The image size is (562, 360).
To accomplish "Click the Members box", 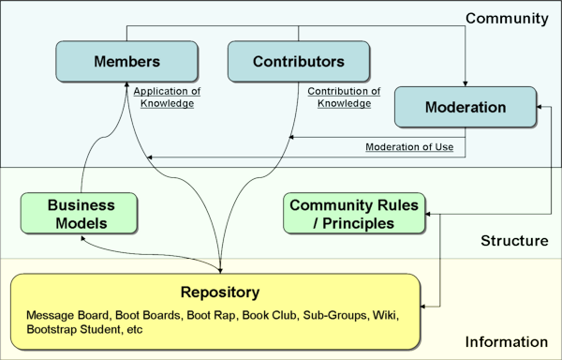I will pos(126,62).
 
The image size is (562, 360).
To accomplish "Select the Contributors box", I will pos(299,62).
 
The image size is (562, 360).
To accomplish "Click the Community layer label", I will pos(508,18).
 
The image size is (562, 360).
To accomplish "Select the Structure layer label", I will pos(514,241).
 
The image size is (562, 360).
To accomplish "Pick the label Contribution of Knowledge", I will pos(344,97).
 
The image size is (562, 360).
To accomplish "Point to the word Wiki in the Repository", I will pos(384,315).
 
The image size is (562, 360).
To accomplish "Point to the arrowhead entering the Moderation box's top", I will pos(466,82).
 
